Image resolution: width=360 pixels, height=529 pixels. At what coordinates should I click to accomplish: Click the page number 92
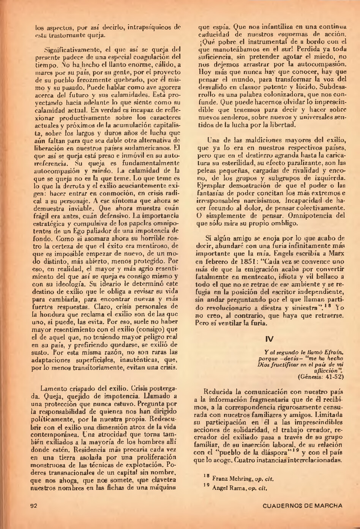34,505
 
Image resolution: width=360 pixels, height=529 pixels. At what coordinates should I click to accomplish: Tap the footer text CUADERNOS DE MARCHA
302,505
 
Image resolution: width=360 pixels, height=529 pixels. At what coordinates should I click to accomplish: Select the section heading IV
270,338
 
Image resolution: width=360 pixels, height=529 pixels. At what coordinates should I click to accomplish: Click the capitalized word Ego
86,231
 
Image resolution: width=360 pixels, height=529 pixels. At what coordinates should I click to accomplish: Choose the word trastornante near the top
67,35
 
